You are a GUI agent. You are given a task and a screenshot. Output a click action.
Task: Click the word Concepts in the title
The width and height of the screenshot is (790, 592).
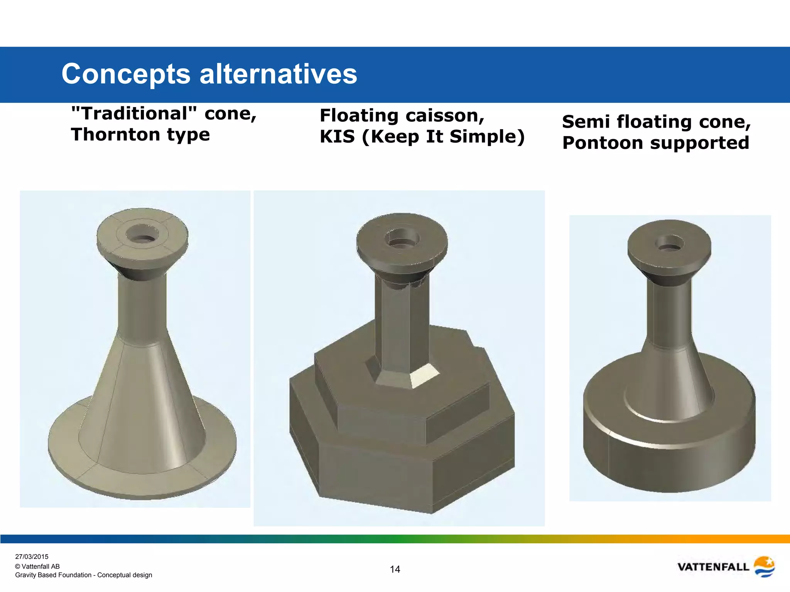(x=126, y=74)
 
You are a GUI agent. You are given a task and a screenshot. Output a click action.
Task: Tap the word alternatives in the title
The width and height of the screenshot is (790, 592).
(x=278, y=74)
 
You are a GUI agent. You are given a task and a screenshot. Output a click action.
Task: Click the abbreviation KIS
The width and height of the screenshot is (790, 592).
(x=337, y=136)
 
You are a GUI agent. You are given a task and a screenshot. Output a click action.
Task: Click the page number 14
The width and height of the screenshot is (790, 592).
(x=395, y=569)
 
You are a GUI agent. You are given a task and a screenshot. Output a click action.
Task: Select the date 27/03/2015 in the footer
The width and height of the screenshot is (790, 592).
(x=32, y=557)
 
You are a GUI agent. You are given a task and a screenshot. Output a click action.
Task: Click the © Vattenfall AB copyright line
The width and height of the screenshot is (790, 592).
(x=37, y=566)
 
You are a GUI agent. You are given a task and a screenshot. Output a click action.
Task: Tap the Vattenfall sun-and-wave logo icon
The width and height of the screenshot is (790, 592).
(x=764, y=567)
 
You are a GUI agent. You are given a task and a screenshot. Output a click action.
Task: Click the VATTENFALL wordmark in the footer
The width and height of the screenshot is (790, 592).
(x=713, y=567)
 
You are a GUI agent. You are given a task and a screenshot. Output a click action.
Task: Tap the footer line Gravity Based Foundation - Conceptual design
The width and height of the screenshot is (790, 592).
(x=83, y=575)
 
